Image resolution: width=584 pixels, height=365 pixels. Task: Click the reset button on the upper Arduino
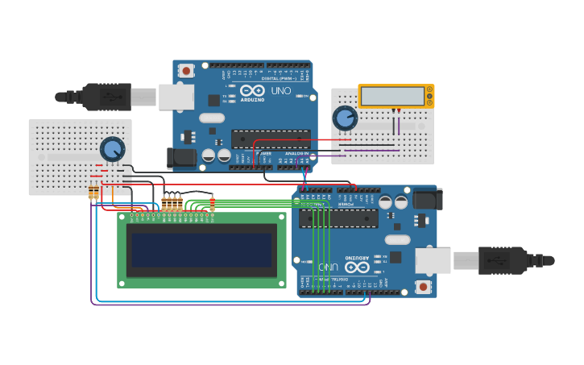186,71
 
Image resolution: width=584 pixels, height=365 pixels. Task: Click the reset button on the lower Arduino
423,287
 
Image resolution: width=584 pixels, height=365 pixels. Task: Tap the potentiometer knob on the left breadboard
113,149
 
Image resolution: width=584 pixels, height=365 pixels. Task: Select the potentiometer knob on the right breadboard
345,118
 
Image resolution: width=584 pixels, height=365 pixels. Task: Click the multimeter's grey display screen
392,96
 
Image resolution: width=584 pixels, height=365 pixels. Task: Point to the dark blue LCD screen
201,250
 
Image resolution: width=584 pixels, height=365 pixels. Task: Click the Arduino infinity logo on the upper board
252,91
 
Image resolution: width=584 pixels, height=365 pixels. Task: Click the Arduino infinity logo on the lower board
357,266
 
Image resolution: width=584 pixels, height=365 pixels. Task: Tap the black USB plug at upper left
105,97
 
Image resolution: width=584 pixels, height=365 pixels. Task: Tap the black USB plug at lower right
503,260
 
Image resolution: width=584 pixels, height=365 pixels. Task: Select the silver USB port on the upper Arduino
176,97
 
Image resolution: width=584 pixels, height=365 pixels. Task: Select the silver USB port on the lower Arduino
433,260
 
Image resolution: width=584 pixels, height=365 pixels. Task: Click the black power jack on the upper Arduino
181,158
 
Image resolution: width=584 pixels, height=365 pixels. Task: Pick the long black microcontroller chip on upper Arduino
271,139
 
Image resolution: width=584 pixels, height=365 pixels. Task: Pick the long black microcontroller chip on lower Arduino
338,218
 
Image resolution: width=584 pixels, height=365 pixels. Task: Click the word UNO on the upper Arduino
281,91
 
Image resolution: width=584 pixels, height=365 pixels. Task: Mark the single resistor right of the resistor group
212,205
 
